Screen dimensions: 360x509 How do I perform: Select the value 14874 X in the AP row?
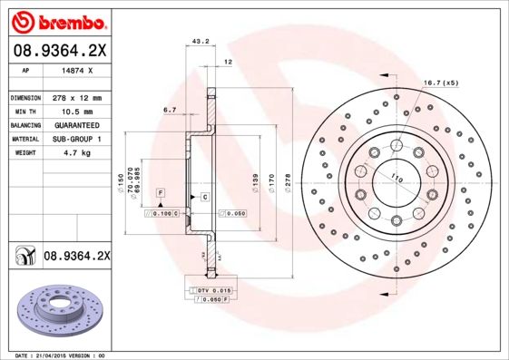point(76,70)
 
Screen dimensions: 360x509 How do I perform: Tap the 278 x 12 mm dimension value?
point(76,97)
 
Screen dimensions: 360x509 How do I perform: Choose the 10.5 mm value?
point(76,111)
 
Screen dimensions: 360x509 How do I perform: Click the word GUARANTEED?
point(76,124)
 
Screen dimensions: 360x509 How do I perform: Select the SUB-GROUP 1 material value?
point(76,139)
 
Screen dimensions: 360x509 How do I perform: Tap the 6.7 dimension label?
point(169,109)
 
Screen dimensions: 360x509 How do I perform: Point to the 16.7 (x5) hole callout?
point(440,83)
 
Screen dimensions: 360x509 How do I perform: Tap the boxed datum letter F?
point(159,195)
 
